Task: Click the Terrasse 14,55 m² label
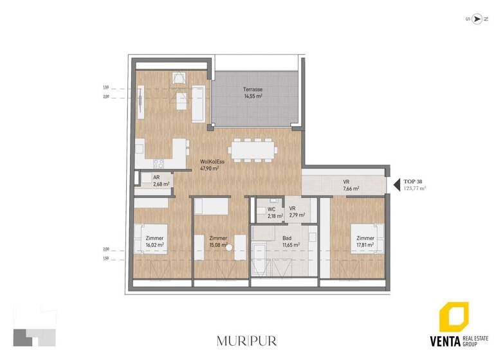coord(252,93)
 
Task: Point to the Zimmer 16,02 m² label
coord(154,242)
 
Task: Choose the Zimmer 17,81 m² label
coord(365,242)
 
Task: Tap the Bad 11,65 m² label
coord(286,242)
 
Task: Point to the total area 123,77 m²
coord(414,189)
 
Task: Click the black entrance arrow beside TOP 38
coord(395,185)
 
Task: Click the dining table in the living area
coord(253,150)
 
